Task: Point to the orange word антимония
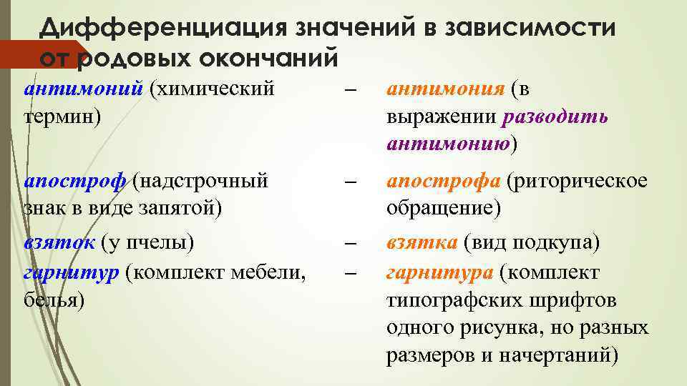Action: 447,89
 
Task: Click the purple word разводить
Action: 556,117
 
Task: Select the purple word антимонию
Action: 447,144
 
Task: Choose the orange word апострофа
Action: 444,182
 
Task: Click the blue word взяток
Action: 59,242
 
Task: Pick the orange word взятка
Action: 422,242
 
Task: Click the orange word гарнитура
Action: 439,272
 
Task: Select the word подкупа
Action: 560,242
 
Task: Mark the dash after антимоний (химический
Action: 349,91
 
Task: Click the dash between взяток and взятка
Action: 349,244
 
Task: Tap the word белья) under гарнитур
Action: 54,300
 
